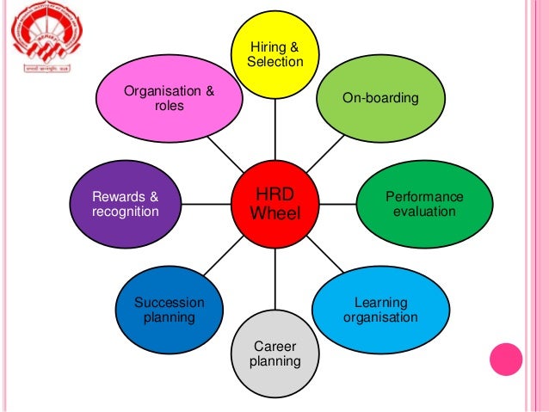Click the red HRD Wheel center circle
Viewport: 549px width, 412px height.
[275, 203]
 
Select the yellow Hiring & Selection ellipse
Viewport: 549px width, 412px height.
[274, 53]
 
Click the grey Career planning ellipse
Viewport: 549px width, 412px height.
[274, 353]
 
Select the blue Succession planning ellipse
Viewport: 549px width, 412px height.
[170, 311]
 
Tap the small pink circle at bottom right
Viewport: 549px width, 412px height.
[506, 359]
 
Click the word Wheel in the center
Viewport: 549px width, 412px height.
[275, 212]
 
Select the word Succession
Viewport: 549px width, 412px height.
[170, 303]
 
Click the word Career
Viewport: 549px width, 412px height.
[274, 345]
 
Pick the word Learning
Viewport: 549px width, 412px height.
[381, 303]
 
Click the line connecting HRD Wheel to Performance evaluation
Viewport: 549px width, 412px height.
[337, 204]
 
